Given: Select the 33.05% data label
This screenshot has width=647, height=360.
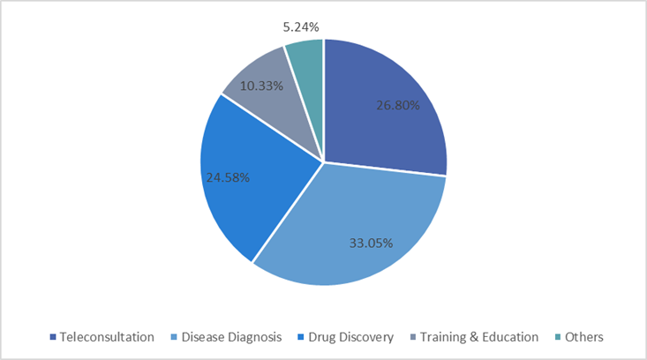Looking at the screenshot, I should [371, 241].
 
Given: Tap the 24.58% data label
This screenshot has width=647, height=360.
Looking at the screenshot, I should [226, 176].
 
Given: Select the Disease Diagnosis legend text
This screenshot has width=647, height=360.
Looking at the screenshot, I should [232, 336].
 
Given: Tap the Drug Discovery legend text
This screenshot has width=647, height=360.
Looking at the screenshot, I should [352, 336].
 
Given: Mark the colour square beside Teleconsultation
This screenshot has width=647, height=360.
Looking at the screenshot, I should [53, 337].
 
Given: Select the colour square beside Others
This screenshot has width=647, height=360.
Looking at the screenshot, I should [559, 337].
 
